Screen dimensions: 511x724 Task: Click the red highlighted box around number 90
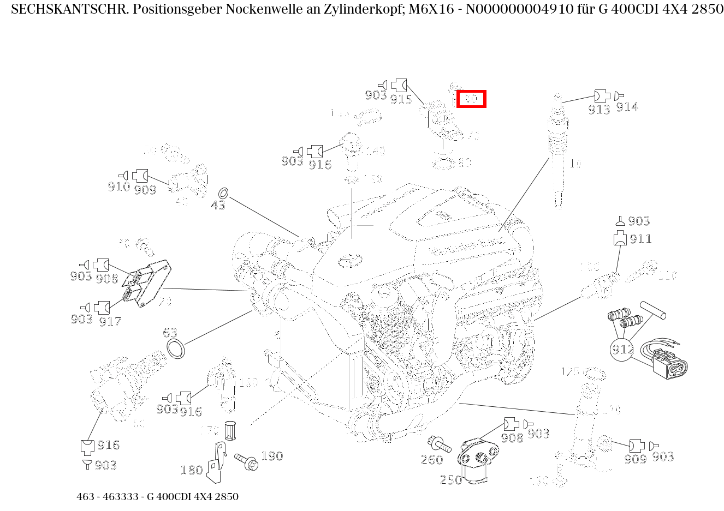[x=471, y=99]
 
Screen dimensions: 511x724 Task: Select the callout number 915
[x=401, y=99]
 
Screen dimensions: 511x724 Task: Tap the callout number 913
[x=599, y=109]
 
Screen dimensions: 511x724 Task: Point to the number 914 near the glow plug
[x=627, y=107]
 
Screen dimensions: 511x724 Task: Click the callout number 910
[x=118, y=187]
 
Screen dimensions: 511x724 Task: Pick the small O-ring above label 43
[x=223, y=194]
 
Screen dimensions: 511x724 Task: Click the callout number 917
[x=110, y=322]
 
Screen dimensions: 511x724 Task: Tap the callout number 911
[x=640, y=239]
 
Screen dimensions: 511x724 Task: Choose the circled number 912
[x=622, y=349]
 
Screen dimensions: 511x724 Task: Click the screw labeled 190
[x=246, y=461]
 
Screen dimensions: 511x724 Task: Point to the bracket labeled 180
[x=218, y=464]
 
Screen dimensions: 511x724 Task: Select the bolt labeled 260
[x=440, y=444]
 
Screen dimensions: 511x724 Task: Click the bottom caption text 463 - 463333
[x=109, y=497]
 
